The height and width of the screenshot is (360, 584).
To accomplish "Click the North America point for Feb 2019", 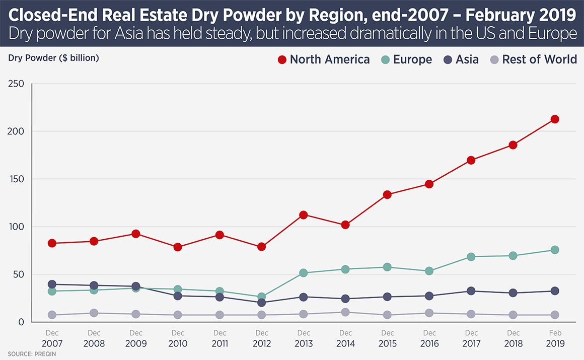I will (x=555, y=119).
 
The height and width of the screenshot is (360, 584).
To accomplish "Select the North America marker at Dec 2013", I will (x=304, y=215).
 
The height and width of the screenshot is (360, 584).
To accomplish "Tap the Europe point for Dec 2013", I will (x=304, y=273).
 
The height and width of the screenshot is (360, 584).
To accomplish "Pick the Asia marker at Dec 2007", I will (x=52, y=284).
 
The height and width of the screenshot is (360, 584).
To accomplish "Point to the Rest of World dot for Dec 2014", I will (x=345, y=312).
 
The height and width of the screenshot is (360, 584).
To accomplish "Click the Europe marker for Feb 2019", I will (x=555, y=250).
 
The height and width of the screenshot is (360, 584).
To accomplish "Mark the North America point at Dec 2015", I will (x=388, y=194).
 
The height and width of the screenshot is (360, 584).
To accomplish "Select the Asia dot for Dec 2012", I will (x=262, y=303).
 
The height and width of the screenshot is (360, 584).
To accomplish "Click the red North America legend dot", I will (x=282, y=60).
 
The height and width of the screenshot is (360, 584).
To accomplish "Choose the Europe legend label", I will (x=412, y=59).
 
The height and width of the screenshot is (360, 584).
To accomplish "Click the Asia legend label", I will (x=467, y=59).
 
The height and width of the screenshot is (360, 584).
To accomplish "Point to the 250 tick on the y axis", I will (x=17, y=84).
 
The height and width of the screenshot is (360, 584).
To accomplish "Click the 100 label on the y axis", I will (x=17, y=227).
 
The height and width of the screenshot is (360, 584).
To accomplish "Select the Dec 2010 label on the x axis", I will (x=178, y=338).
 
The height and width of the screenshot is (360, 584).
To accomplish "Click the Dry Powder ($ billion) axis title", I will (x=53, y=57).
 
